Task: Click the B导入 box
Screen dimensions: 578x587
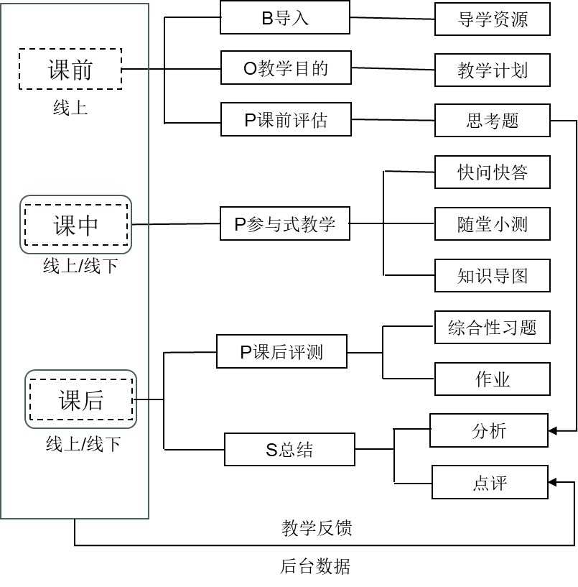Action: tap(285, 17)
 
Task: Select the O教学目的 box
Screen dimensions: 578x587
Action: tap(286, 68)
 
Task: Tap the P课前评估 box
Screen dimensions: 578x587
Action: tap(286, 119)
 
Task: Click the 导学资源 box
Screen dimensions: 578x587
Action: tap(493, 19)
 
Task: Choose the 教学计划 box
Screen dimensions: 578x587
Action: tap(493, 70)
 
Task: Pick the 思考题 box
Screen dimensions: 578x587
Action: tap(493, 121)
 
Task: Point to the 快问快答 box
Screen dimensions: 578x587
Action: tap(493, 172)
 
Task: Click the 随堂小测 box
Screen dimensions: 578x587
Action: tap(493, 224)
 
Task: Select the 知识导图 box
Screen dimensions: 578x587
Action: tap(493, 275)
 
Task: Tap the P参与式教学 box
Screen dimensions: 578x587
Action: tap(285, 223)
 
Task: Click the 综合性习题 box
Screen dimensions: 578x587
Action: tap(493, 327)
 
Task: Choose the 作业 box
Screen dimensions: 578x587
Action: tap(493, 379)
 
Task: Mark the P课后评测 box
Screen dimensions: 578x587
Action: tap(281, 351)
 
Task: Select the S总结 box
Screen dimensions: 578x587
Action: tap(289, 449)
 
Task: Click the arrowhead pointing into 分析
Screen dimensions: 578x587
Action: tap(553, 431)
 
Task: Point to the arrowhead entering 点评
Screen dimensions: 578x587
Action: tap(553, 482)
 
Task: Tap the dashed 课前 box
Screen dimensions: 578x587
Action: tap(70, 69)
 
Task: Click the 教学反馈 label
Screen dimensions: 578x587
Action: tap(317, 528)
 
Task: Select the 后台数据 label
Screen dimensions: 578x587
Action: tap(315, 566)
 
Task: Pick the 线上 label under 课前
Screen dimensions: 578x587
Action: tap(70, 108)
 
